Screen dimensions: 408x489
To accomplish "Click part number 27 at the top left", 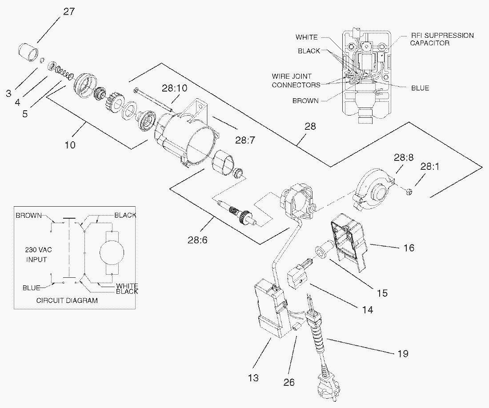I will point(69,12).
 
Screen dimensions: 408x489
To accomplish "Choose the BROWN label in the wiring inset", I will point(305,101).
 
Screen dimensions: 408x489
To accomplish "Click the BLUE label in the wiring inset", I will point(420,88).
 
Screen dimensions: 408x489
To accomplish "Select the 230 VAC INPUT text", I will point(36,255).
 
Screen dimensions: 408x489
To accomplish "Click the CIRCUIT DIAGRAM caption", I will point(67,300).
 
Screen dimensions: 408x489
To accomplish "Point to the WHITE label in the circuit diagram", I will point(127,286).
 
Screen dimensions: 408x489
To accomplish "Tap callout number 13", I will point(253,378).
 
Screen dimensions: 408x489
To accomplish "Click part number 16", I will point(409,248).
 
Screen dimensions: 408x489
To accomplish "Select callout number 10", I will point(70,145).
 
